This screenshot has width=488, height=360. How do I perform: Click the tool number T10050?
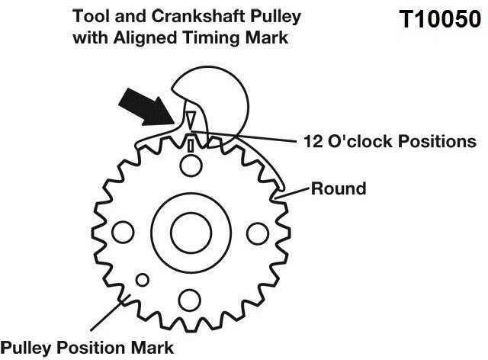coord(440,19)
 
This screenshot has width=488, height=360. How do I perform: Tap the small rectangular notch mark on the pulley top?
coord(191,146)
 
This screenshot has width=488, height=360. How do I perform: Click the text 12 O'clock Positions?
coord(390,141)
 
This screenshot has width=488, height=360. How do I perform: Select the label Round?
coord(339,188)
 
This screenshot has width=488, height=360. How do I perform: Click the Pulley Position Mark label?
coord(87,348)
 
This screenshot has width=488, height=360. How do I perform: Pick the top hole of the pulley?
coord(191,166)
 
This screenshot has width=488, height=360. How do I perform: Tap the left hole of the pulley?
coord(123,233)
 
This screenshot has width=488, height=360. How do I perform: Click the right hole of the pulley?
coord(258,233)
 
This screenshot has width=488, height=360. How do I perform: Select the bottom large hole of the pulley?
coord(190,301)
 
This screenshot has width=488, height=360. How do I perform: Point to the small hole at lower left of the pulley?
coord(143,280)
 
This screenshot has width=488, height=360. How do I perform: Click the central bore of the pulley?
coord(191,233)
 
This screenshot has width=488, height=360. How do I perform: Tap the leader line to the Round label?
coord(292,193)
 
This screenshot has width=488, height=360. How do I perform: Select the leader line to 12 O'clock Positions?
coord(244,137)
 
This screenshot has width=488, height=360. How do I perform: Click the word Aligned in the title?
coord(146,38)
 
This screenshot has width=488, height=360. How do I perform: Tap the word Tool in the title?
coord(91,16)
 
